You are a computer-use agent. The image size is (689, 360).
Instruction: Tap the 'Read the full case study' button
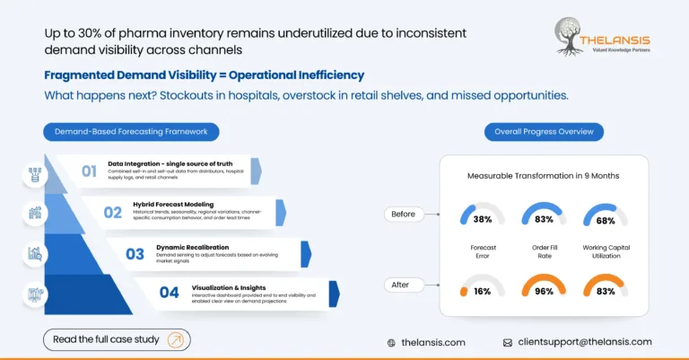(x=117, y=339)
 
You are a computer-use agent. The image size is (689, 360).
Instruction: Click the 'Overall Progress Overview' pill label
(x=544, y=132)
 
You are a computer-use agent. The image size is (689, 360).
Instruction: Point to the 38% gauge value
(x=483, y=219)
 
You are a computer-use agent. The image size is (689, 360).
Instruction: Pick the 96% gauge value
(x=543, y=292)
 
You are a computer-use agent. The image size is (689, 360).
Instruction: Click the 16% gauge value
(x=483, y=292)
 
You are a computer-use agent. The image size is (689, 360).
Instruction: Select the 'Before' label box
(x=404, y=215)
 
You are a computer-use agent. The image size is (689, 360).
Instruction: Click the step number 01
(x=89, y=171)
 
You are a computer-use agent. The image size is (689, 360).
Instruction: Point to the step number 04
(x=169, y=292)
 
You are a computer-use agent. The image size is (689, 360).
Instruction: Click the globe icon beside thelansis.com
(x=391, y=342)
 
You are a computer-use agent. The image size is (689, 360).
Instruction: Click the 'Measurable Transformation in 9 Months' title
(x=544, y=175)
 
